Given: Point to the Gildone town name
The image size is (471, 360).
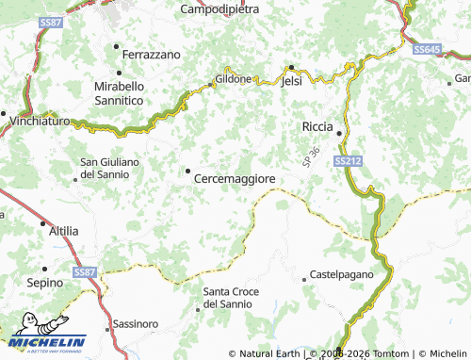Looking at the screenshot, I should point(233,79).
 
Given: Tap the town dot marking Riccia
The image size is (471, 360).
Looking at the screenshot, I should point(338,131).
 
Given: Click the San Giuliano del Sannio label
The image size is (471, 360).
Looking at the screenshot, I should point(110,168).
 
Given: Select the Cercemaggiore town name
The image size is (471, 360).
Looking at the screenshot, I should point(235,177).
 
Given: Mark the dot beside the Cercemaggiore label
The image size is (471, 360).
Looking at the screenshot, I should point(187,172).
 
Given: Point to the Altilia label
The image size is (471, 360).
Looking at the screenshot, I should point(63,230).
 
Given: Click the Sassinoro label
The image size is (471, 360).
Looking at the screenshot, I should point(136,323).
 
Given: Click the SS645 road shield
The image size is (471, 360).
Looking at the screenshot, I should point(427,49).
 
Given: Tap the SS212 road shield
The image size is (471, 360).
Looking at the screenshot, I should point(348,162).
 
